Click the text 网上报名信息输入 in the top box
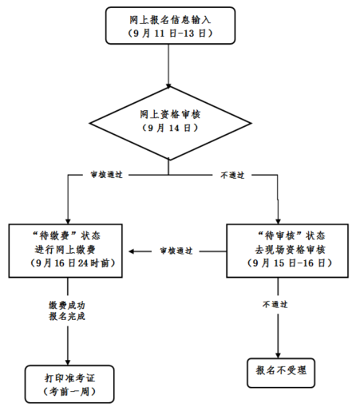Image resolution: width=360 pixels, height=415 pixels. click(x=170, y=20)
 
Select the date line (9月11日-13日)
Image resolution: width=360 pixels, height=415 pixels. click(x=170, y=33)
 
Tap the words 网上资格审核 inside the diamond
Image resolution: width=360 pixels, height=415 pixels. click(x=170, y=115)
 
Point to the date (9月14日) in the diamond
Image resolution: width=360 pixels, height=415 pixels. click(x=170, y=128)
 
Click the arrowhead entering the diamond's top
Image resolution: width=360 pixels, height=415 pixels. click(x=168, y=86)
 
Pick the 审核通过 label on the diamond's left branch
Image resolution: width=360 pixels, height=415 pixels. click(x=107, y=175)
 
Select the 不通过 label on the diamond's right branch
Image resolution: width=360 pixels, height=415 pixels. click(x=233, y=175)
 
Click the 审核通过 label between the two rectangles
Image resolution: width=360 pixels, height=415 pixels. click(x=176, y=251)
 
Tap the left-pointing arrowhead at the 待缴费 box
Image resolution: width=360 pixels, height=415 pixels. click(x=132, y=251)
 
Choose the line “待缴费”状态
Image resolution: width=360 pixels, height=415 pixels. click(x=66, y=236)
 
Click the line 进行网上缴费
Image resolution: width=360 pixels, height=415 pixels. click(x=65, y=249)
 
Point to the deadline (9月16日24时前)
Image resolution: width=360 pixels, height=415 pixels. click(x=72, y=263)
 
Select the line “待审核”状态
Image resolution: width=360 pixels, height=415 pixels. click(x=291, y=236)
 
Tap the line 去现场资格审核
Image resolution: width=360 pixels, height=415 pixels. click(x=290, y=249)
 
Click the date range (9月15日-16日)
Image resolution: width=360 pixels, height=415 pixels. click(x=289, y=263)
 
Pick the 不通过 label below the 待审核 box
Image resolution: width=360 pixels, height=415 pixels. click(x=275, y=305)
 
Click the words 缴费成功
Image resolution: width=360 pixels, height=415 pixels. click(x=67, y=305)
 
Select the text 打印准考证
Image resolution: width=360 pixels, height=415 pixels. click(x=70, y=378)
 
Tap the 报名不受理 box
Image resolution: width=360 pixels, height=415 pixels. click(x=281, y=373)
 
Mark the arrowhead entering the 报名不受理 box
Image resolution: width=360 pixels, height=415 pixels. click(x=278, y=355)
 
